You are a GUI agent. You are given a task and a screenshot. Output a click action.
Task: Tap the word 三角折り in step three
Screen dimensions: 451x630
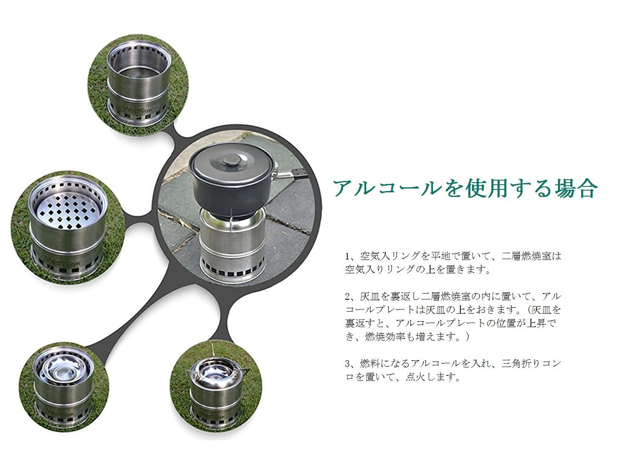pyautogui.click(x=521, y=364)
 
